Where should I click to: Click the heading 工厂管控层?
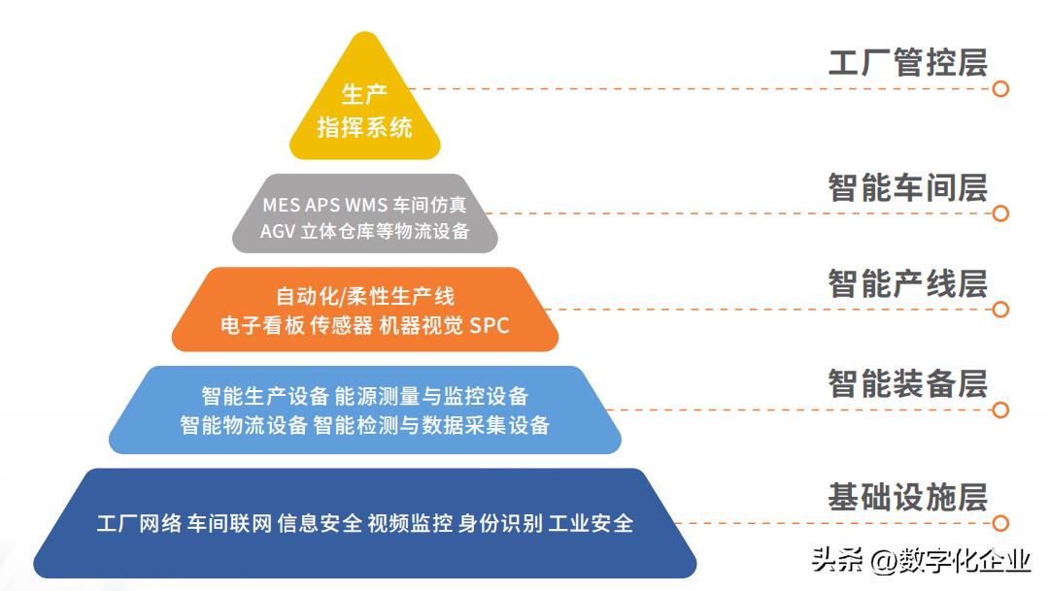click(x=907, y=61)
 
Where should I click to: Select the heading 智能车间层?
click(x=907, y=186)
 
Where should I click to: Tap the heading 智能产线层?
click(x=907, y=283)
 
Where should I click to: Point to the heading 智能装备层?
click(x=907, y=382)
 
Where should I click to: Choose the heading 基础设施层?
click(x=907, y=497)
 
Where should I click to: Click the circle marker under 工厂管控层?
click(x=1000, y=88)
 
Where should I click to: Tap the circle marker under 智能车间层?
click(x=1000, y=213)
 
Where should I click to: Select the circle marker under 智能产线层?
click(x=1000, y=310)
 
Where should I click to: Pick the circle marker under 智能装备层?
click(x=1000, y=410)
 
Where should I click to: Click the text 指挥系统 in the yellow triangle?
click(x=364, y=126)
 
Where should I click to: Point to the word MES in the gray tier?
click(x=282, y=206)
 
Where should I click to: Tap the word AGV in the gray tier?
click(x=279, y=231)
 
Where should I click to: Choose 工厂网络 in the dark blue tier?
click(x=139, y=524)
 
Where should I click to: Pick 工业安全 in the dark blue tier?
click(x=591, y=524)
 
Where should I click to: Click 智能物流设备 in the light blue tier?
click(x=244, y=425)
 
